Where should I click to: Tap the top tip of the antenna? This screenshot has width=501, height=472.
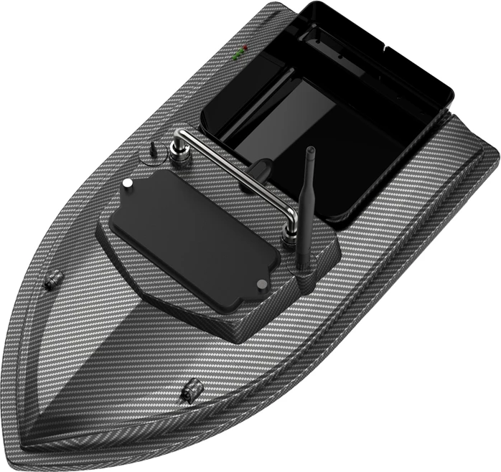tap(311, 151)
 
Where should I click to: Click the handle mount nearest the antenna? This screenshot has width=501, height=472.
tap(291, 237)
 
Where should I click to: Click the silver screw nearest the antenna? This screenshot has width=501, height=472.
tap(260, 283)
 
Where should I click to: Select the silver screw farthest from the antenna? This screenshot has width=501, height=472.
tap(128, 185)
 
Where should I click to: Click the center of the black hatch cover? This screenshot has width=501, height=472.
tap(194, 233)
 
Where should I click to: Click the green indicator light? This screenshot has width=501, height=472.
tap(238, 52)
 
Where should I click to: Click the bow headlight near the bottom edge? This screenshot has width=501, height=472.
tap(190, 390)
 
